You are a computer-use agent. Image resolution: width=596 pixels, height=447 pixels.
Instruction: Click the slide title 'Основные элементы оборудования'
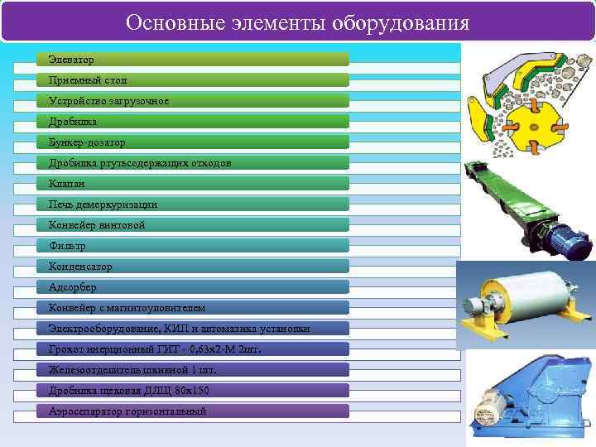(297, 22)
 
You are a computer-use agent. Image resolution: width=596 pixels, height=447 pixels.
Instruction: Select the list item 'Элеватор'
(193, 60)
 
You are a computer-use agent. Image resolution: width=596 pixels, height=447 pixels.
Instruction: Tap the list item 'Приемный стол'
(193, 80)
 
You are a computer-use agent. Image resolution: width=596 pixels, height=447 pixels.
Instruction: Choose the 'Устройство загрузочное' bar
(193, 101)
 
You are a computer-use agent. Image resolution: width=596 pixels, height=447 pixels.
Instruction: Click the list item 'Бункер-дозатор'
(193, 142)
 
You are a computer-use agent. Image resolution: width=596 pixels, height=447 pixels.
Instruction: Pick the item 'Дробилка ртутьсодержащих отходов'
(193, 163)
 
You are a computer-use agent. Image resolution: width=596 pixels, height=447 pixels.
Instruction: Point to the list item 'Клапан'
(193, 184)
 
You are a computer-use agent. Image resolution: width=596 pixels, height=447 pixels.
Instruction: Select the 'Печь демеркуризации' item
(193, 204)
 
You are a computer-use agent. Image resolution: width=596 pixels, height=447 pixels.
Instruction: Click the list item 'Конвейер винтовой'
(193, 225)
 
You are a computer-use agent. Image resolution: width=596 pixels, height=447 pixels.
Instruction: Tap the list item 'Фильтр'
(193, 246)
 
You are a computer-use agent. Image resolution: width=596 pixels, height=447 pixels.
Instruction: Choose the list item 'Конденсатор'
(193, 267)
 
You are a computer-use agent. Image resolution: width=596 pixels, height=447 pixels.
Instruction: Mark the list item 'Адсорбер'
(193, 287)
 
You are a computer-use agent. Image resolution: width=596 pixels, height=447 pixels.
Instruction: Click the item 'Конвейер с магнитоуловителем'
(193, 308)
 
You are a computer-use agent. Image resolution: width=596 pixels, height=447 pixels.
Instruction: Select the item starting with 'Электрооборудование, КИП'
(193, 329)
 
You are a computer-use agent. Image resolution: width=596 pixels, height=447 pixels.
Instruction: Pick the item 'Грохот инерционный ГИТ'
(193, 349)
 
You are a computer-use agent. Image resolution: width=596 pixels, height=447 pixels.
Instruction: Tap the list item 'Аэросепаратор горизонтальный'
(193, 411)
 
